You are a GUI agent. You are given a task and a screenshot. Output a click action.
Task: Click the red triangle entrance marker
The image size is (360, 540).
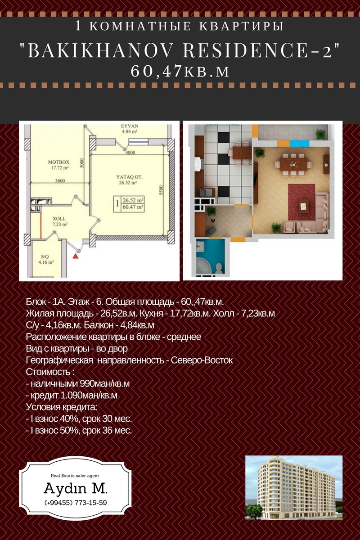point(76,256)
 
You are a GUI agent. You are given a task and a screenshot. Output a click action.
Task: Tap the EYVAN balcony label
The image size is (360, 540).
point(130,126)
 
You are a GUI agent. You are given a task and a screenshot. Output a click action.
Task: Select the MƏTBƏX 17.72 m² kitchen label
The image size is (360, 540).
point(58,165)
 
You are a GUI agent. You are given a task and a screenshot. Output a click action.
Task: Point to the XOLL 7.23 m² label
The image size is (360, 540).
point(59,221)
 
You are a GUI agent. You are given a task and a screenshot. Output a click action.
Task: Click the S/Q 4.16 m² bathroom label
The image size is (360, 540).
point(46,260)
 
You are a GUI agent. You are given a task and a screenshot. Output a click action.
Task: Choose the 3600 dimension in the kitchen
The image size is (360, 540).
point(60,180)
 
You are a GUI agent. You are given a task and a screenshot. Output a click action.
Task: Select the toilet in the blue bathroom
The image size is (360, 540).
point(218,268)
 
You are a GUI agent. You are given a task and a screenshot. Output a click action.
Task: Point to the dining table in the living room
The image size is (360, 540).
point(293,165)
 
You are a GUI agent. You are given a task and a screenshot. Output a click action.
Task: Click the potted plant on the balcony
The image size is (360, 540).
point(321,134)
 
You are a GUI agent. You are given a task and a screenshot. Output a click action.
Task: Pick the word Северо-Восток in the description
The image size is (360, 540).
point(202,360)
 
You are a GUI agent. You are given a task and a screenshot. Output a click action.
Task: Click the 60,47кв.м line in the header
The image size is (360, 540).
point(180,72)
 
